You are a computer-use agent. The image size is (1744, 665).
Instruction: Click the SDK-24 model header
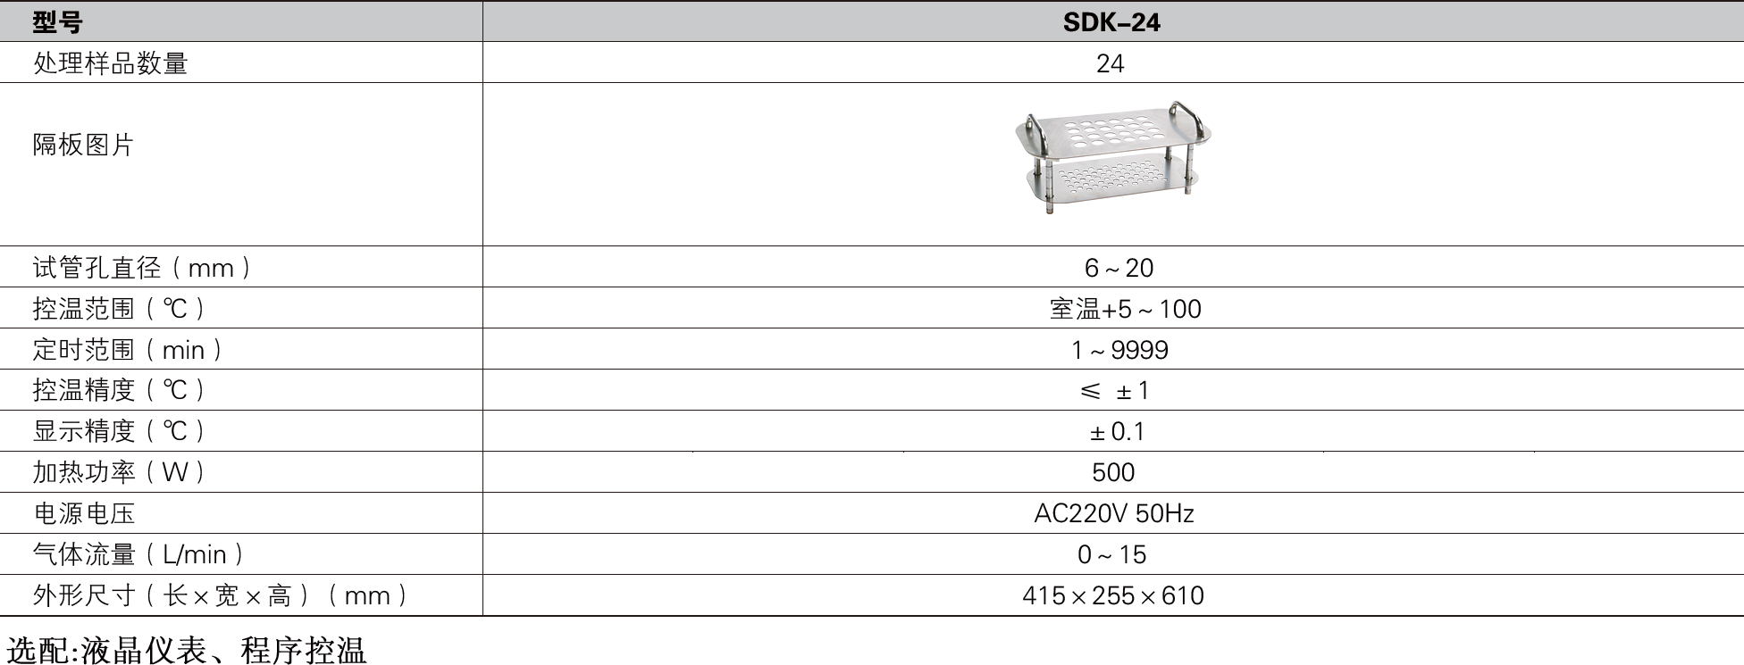(1111, 21)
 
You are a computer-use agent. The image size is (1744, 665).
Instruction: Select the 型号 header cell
(57, 21)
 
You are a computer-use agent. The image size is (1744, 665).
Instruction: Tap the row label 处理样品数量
(110, 63)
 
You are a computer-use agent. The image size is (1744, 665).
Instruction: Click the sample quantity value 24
(1111, 63)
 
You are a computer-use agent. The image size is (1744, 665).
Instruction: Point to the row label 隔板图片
(83, 145)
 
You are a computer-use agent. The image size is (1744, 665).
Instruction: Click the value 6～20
(1119, 268)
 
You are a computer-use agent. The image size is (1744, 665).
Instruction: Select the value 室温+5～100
(1125, 309)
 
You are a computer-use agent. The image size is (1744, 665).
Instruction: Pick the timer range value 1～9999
(1119, 350)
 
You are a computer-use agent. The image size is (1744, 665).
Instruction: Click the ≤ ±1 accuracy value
(1114, 391)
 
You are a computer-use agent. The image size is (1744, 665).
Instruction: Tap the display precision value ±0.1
(1117, 432)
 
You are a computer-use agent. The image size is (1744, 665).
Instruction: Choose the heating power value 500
(1113, 472)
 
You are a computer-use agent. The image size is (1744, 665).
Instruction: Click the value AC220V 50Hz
(1114, 513)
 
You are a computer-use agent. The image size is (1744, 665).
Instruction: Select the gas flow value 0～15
(1111, 554)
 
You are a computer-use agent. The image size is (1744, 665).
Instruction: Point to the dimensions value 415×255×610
(1113, 595)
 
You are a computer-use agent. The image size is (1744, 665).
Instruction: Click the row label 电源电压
(84, 513)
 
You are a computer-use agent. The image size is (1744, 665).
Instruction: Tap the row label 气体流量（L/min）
(138, 554)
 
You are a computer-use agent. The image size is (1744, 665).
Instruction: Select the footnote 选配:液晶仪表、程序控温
(187, 650)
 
